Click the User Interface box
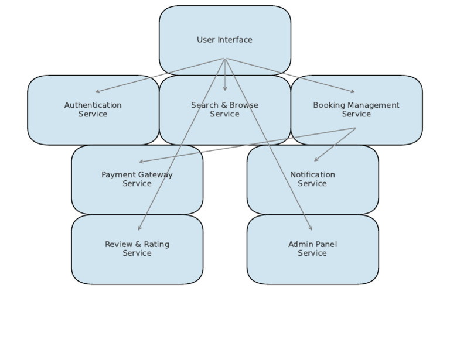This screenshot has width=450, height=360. (x=224, y=26)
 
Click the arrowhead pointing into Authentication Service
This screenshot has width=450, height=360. (x=97, y=92)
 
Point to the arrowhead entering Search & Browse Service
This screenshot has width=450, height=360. (x=225, y=90)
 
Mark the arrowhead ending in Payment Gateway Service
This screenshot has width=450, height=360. (x=141, y=162)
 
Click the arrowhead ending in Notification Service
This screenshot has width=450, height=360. (x=315, y=160)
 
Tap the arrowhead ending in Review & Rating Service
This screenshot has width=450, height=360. (x=139, y=229)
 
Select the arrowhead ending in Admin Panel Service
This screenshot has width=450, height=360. (x=311, y=229)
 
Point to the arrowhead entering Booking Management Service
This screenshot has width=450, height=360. (x=353, y=92)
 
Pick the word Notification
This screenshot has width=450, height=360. (x=312, y=174)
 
